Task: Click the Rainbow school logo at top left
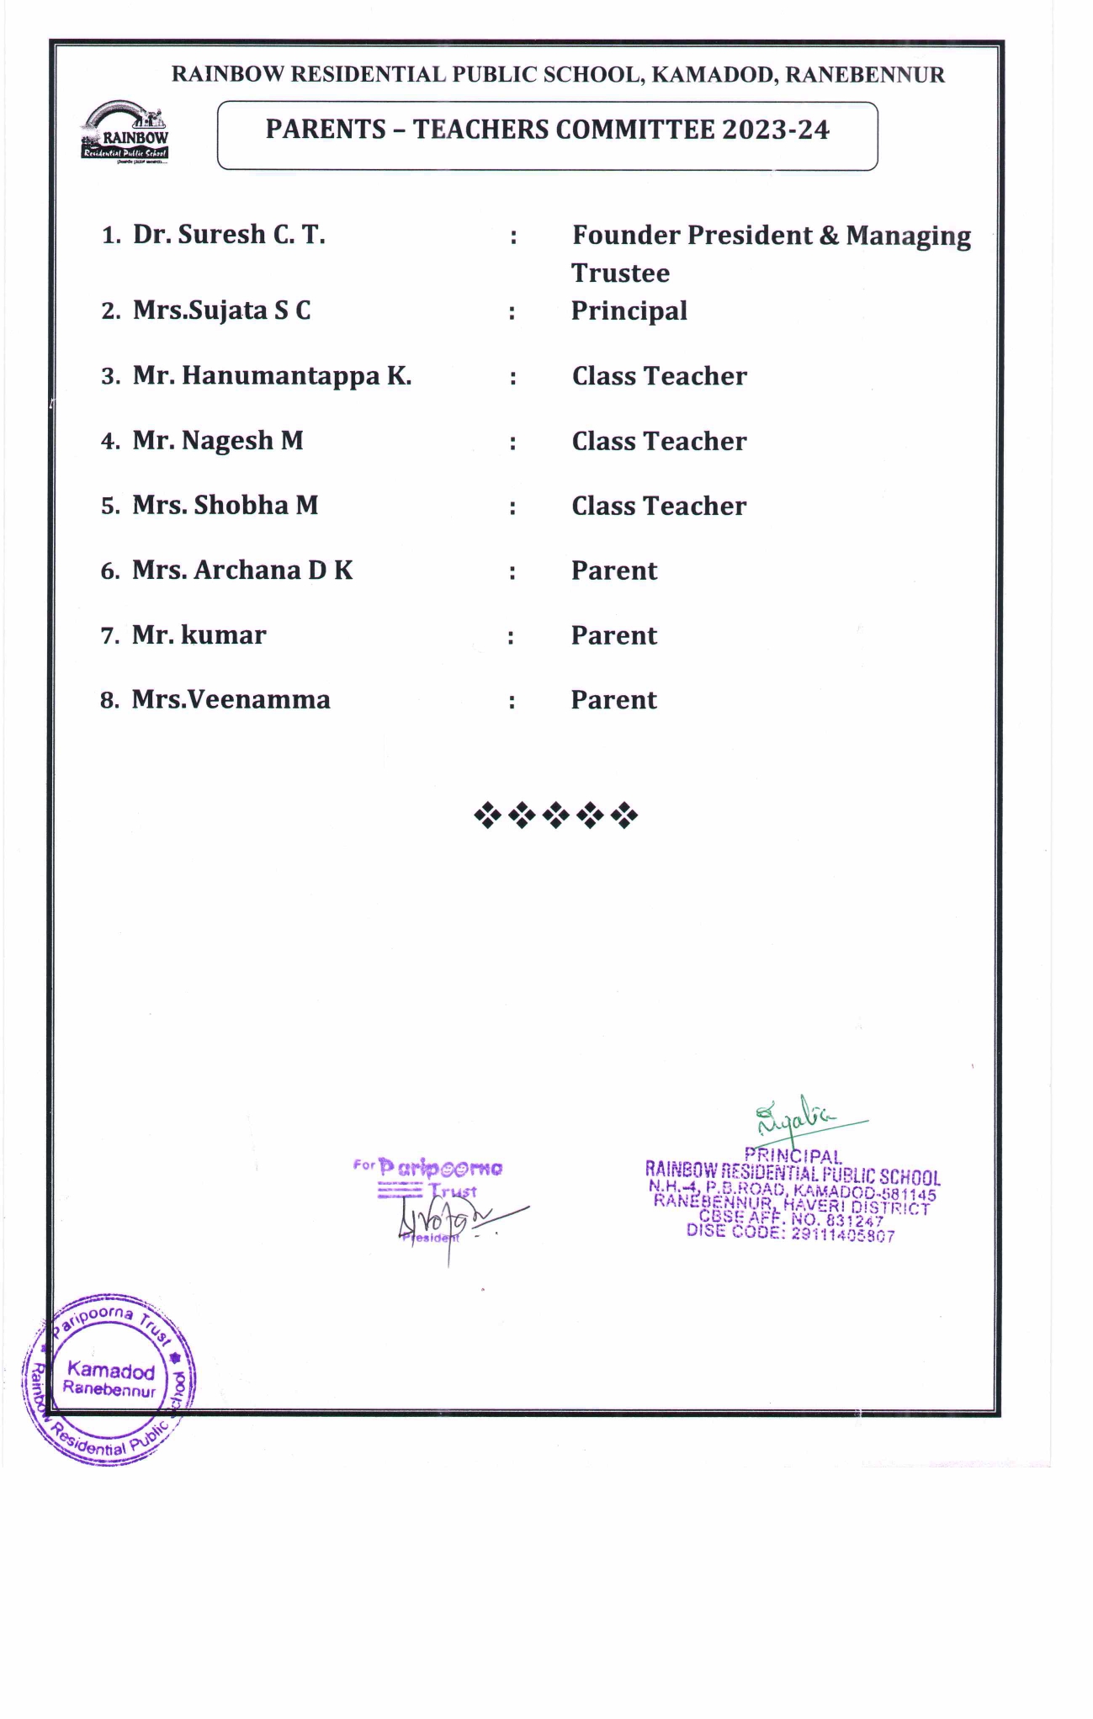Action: point(125,131)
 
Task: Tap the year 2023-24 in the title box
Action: point(775,130)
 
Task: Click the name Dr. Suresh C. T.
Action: point(229,234)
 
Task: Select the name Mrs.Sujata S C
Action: point(222,310)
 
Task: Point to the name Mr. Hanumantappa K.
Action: point(272,375)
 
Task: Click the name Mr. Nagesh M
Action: point(218,440)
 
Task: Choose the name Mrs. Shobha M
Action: point(225,505)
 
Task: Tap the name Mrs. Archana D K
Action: point(242,570)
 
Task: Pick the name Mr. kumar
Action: point(199,634)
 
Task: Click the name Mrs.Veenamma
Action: point(231,699)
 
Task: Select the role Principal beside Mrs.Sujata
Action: point(629,310)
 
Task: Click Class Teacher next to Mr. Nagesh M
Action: point(659,441)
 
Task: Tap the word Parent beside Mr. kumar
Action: point(614,635)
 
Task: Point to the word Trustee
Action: point(621,273)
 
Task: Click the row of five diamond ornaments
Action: point(555,814)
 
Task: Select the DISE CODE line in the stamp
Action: point(790,1233)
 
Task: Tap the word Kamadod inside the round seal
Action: point(111,1371)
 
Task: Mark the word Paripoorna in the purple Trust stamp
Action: point(440,1168)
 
